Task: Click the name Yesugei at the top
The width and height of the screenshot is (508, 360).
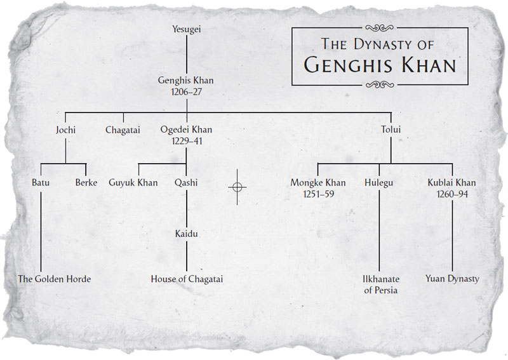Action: point(186,29)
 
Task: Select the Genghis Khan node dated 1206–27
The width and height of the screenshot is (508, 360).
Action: point(186,86)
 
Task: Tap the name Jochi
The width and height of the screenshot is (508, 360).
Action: point(65,130)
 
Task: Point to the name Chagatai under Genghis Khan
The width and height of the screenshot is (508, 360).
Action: point(123,130)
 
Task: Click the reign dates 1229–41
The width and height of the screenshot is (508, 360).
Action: point(186,141)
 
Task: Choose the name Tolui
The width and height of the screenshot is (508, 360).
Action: point(391,130)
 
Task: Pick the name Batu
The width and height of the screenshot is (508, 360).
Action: point(41,183)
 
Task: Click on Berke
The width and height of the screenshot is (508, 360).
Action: point(86,183)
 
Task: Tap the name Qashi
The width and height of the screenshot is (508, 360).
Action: point(186,183)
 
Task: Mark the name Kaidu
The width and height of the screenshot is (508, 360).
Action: point(186,234)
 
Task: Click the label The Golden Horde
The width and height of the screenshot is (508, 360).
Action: point(55,279)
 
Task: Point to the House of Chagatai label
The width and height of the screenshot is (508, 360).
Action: point(187,279)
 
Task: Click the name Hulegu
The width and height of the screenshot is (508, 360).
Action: point(379,183)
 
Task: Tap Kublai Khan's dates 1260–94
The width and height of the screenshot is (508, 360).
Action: point(452,194)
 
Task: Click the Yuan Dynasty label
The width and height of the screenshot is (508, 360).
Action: point(452,279)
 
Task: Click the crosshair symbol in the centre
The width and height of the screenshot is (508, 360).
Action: point(237,187)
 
